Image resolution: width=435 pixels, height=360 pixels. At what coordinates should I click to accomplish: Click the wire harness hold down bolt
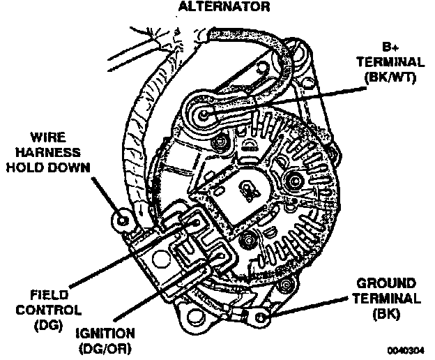(x=123, y=220)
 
